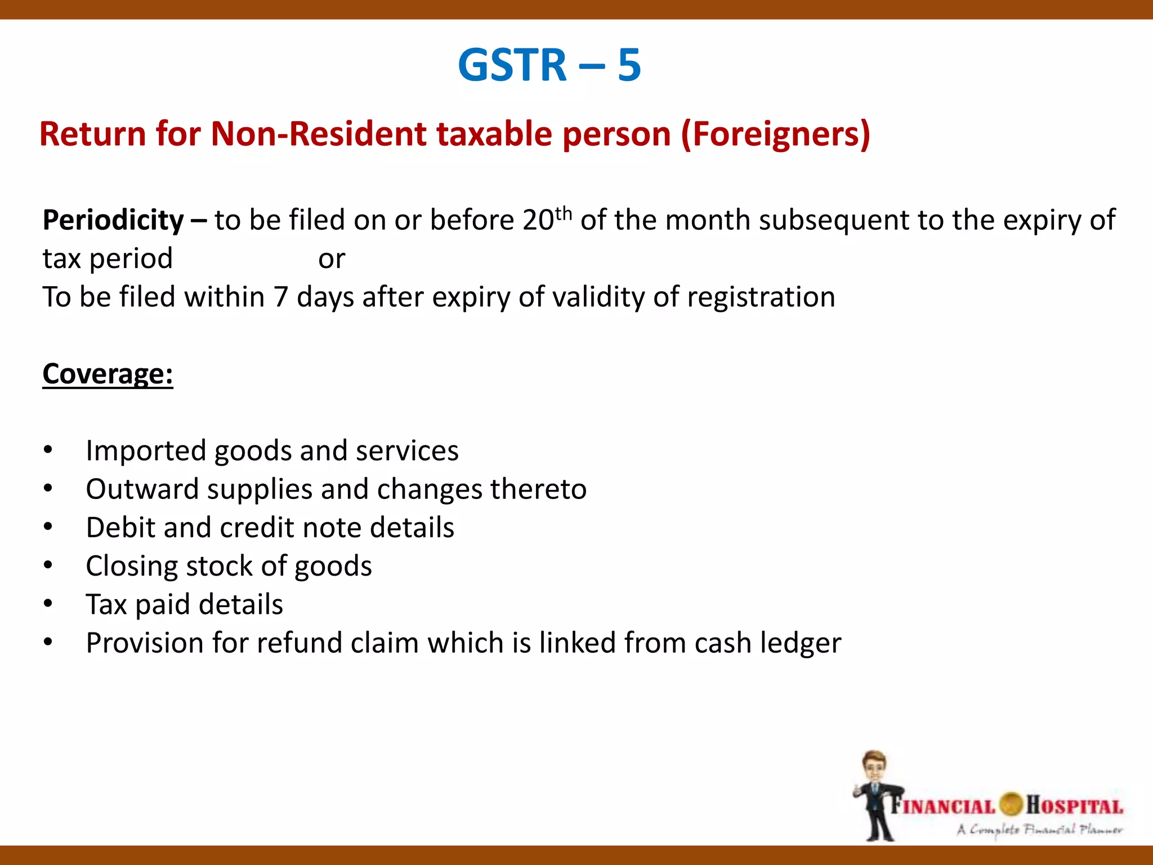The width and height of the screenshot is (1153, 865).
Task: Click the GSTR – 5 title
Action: point(549,65)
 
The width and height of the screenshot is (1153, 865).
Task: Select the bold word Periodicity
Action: point(113,220)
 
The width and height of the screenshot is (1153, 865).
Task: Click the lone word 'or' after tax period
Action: point(331,259)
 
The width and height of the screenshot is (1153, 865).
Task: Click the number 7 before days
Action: point(280,297)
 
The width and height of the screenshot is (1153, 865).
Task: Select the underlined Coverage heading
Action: point(108,373)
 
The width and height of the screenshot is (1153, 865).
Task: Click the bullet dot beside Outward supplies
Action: point(48,488)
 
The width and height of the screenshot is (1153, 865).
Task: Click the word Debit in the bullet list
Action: point(120,528)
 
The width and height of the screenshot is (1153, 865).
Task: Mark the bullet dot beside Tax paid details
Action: point(48,604)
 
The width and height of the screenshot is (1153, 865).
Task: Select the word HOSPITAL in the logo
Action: point(1074,805)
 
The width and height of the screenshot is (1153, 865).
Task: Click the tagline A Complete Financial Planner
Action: point(1039,830)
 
